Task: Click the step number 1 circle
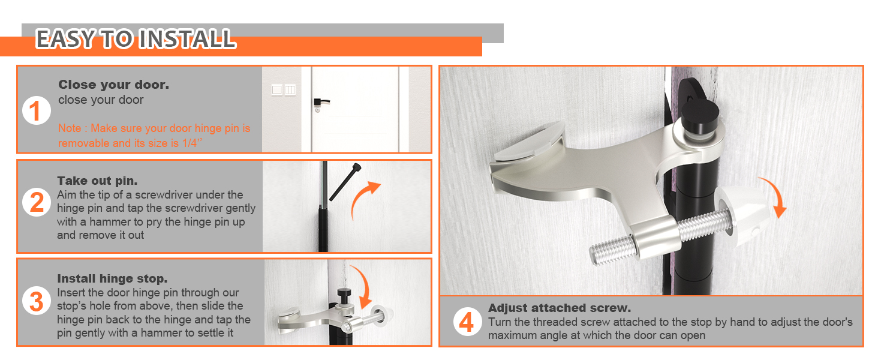click(36, 110)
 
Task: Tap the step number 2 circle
click(36, 202)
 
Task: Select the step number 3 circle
click(36, 301)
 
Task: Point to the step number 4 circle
click(467, 322)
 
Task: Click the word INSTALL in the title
click(187, 39)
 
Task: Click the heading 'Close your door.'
click(114, 85)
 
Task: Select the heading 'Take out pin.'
click(97, 181)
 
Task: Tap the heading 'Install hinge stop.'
click(112, 278)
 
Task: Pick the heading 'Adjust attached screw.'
click(560, 308)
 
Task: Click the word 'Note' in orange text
click(70, 128)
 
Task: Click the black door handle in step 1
click(321, 103)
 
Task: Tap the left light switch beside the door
click(277, 90)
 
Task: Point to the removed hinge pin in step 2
click(345, 182)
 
